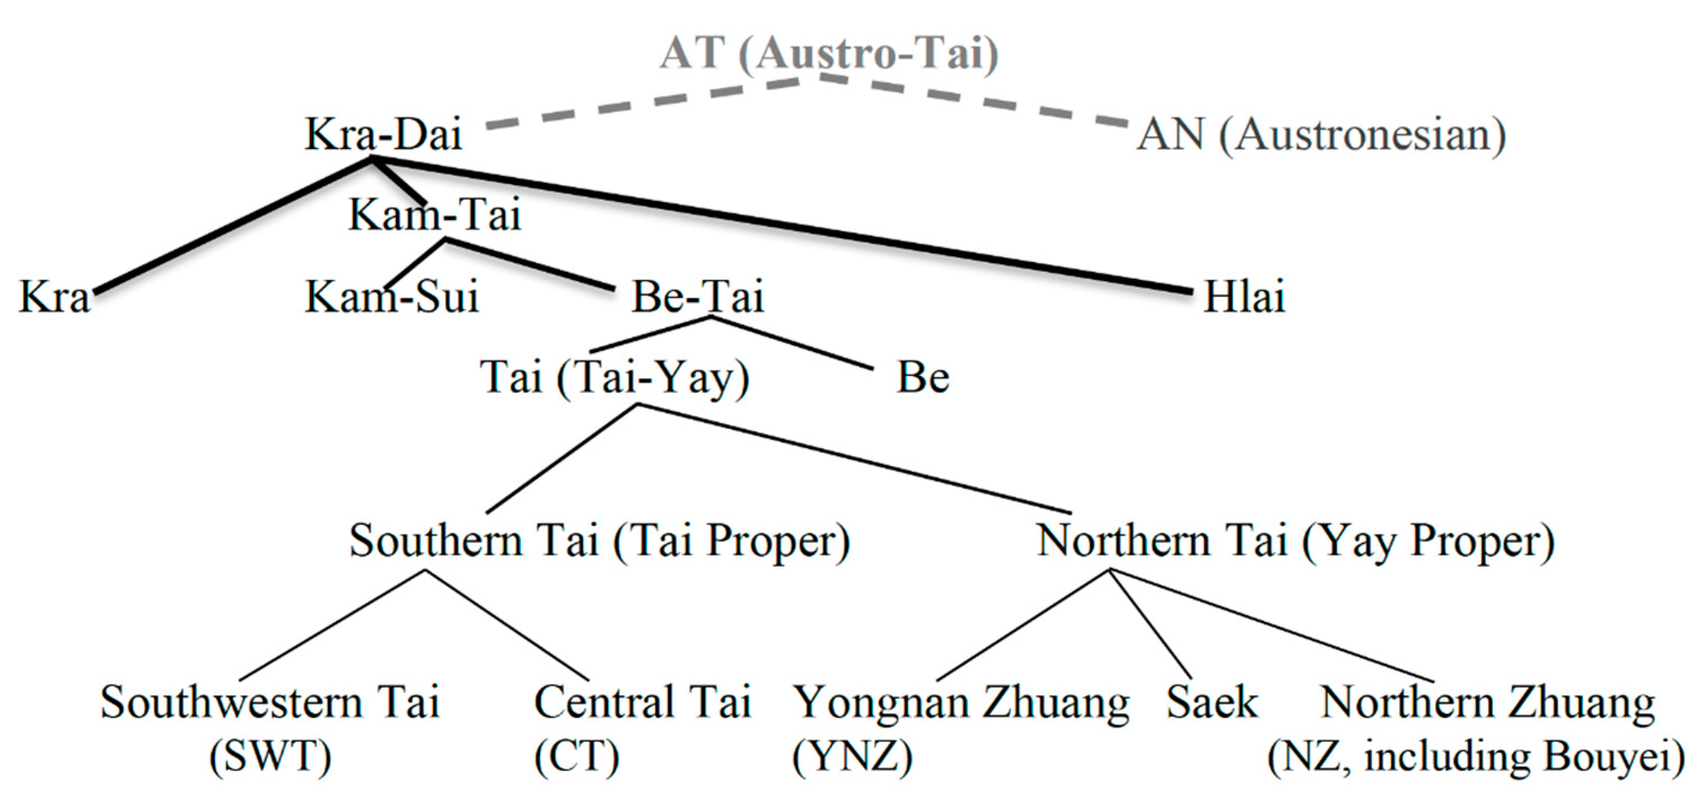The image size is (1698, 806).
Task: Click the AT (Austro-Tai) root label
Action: point(829,52)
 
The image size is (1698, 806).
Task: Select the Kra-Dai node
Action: point(383,134)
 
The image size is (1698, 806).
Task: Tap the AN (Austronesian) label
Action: point(1321,135)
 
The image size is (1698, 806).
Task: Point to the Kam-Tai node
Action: point(435,215)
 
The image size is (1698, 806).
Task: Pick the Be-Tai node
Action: point(697,296)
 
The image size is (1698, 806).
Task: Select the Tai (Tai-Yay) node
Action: point(615,378)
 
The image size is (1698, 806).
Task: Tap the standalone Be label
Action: point(923,378)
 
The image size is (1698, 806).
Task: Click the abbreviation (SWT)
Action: point(270,756)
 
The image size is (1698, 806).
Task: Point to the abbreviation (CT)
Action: point(577,756)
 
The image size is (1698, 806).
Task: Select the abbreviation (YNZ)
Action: point(852,756)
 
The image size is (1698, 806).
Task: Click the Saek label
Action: point(1212,703)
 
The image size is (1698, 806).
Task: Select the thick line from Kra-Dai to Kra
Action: point(231,226)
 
